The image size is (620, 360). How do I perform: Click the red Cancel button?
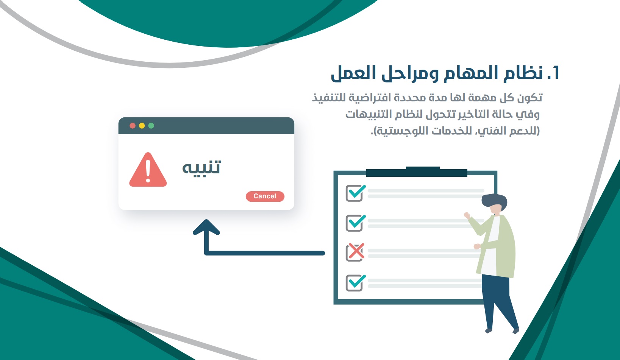[265, 196]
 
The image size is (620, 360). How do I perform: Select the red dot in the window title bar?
[133, 126]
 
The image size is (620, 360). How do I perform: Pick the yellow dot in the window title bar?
[142, 126]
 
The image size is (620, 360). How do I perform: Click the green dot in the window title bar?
[151, 126]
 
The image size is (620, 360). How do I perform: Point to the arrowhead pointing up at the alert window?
[206, 228]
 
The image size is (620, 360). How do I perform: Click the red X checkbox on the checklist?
[355, 252]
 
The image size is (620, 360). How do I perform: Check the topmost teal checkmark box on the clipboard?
[355, 193]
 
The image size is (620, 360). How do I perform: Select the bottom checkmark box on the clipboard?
[355, 282]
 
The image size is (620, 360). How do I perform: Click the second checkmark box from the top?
[355, 223]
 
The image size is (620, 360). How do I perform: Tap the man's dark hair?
[494, 200]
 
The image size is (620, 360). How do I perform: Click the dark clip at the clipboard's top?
[417, 171]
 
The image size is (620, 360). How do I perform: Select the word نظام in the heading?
[523, 73]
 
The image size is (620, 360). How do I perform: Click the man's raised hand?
[467, 215]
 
